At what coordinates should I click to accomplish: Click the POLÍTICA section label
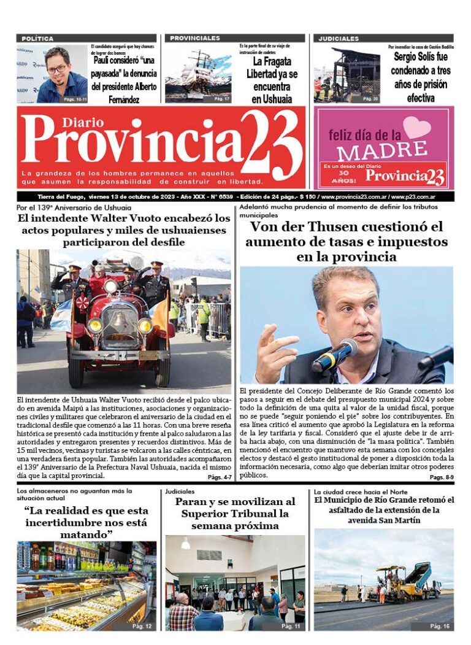click(x=37, y=39)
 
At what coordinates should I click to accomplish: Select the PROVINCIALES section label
click(x=195, y=39)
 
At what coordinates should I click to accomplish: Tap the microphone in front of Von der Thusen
click(x=334, y=355)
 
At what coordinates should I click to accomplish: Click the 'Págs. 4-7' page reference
click(x=220, y=477)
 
